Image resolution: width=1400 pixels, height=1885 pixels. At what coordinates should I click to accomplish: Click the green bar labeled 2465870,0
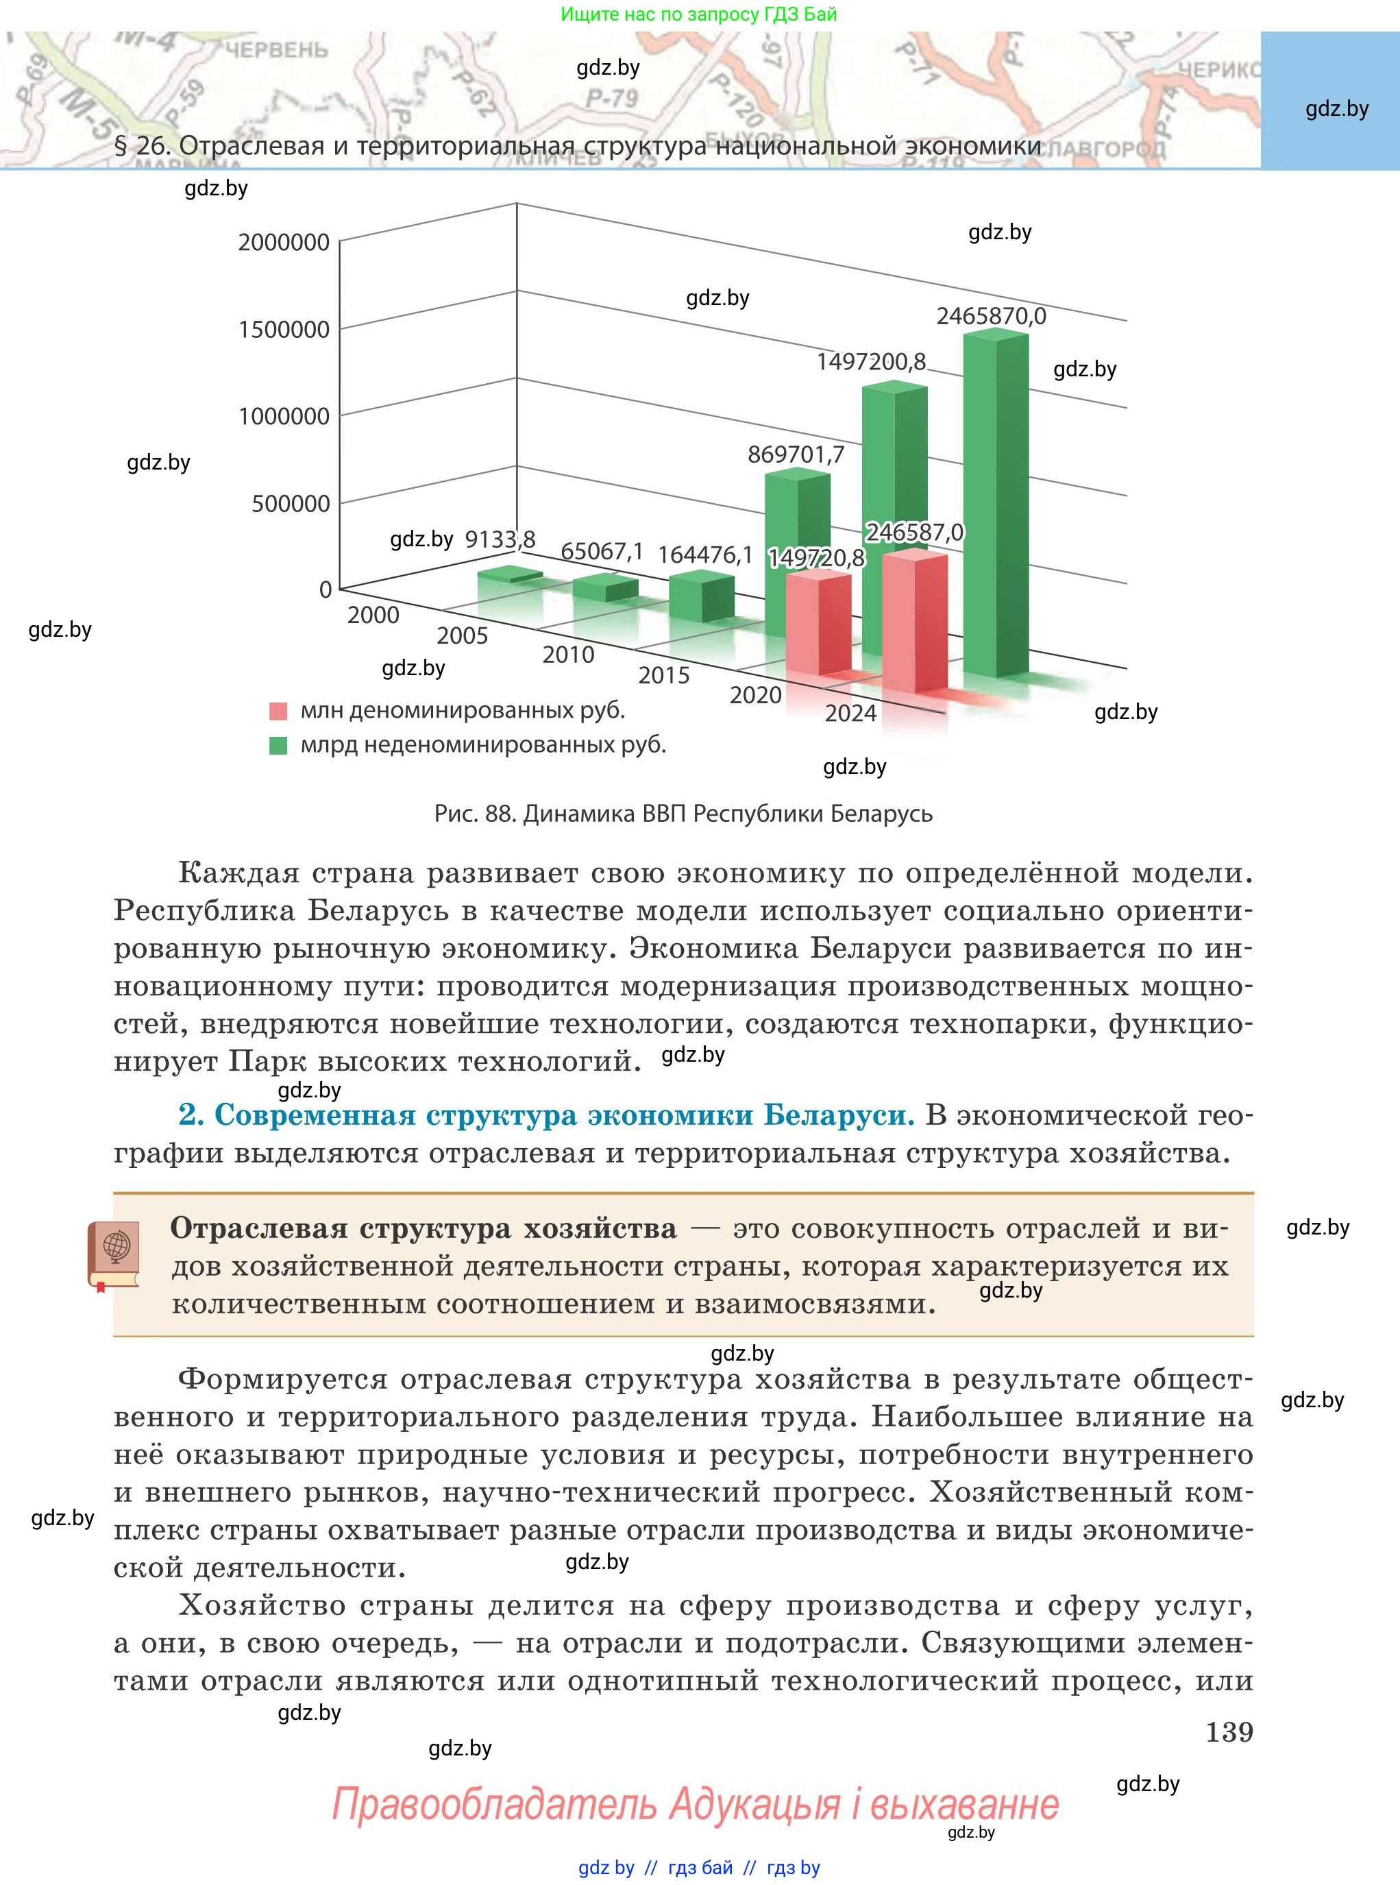(996, 504)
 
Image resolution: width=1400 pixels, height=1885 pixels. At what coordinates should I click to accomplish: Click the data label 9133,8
(500, 539)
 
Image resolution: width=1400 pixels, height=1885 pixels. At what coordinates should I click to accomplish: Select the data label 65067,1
(602, 552)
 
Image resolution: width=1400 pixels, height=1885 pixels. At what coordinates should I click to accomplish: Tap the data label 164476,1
(705, 555)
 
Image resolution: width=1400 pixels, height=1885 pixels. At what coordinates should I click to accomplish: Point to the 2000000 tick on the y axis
(284, 243)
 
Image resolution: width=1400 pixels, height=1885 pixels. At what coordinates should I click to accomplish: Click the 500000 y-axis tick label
(291, 503)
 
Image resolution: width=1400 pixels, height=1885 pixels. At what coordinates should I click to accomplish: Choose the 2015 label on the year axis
(663, 675)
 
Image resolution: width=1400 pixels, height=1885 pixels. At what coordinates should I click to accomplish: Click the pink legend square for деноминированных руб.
(278, 711)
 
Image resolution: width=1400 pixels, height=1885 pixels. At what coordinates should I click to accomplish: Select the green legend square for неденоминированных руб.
(278, 746)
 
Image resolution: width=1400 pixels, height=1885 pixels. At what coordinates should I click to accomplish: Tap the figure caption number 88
(499, 814)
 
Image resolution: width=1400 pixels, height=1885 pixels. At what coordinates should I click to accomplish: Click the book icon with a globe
(114, 1255)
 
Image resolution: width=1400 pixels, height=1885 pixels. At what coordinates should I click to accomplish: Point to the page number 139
(1229, 1731)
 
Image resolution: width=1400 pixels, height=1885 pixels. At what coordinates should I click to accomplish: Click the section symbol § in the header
(121, 147)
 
